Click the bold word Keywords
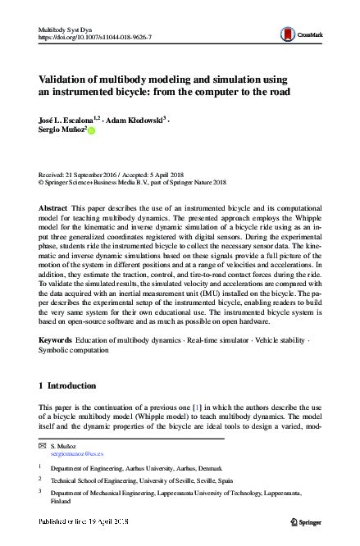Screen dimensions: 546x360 coord(56,338)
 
